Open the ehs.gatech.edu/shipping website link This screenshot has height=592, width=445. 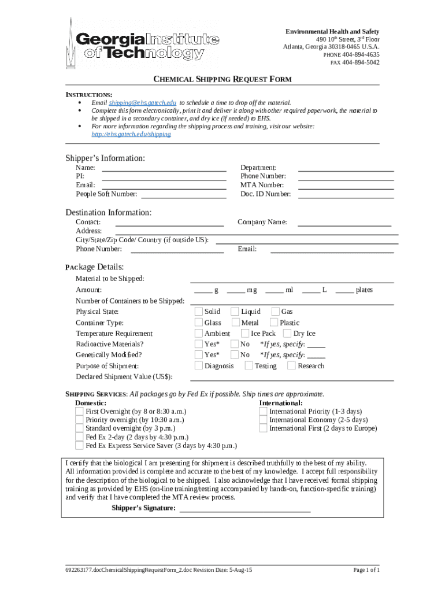[x=131, y=134]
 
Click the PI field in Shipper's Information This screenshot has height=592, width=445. [x=164, y=176]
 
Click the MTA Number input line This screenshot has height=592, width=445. [x=346, y=185]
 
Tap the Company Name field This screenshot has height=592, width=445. [x=343, y=222]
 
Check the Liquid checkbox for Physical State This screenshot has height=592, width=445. [x=235, y=312]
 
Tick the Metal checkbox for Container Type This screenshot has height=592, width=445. [x=236, y=323]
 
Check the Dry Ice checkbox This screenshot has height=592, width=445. [x=288, y=334]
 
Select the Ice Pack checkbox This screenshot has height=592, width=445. [x=245, y=334]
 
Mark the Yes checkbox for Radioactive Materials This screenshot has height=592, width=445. [x=199, y=344]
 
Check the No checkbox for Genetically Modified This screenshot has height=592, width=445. [x=235, y=355]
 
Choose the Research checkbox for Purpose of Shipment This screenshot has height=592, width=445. [x=292, y=366]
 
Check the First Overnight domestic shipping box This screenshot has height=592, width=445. [x=80, y=411]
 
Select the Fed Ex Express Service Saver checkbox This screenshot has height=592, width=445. [x=80, y=446]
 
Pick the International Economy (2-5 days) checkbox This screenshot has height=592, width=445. [x=263, y=420]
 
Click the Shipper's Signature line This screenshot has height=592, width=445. [x=245, y=509]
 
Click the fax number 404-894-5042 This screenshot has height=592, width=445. [x=361, y=62]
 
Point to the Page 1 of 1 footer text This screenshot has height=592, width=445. [x=366, y=569]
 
